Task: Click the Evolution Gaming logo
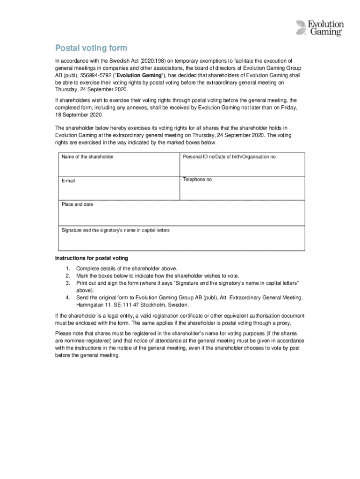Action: tap(320, 28)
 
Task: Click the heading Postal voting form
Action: tap(91, 49)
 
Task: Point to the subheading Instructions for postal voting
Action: tap(91, 258)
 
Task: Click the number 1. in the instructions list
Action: tap(68, 269)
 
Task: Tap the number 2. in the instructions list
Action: tap(68, 276)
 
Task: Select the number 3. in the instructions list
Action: tap(68, 283)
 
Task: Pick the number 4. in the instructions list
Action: tap(68, 298)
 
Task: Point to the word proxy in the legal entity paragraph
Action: tap(282, 323)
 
